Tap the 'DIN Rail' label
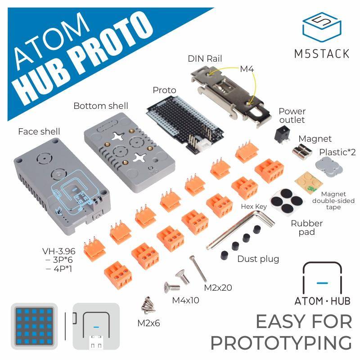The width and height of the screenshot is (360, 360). coord(205,59)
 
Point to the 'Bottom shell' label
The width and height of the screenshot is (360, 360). coord(101,106)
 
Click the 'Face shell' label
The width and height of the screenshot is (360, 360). coord(39,131)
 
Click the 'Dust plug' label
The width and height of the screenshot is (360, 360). coord(258,259)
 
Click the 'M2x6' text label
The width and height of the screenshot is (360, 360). coord(148,323)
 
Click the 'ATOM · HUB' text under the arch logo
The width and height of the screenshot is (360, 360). coord(322,301)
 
